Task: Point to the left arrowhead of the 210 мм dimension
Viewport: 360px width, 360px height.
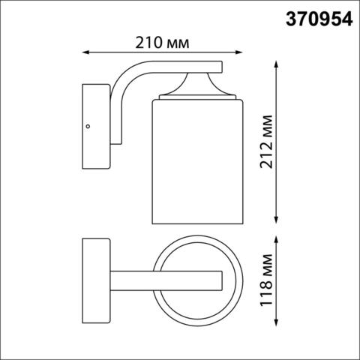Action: (84, 52)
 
